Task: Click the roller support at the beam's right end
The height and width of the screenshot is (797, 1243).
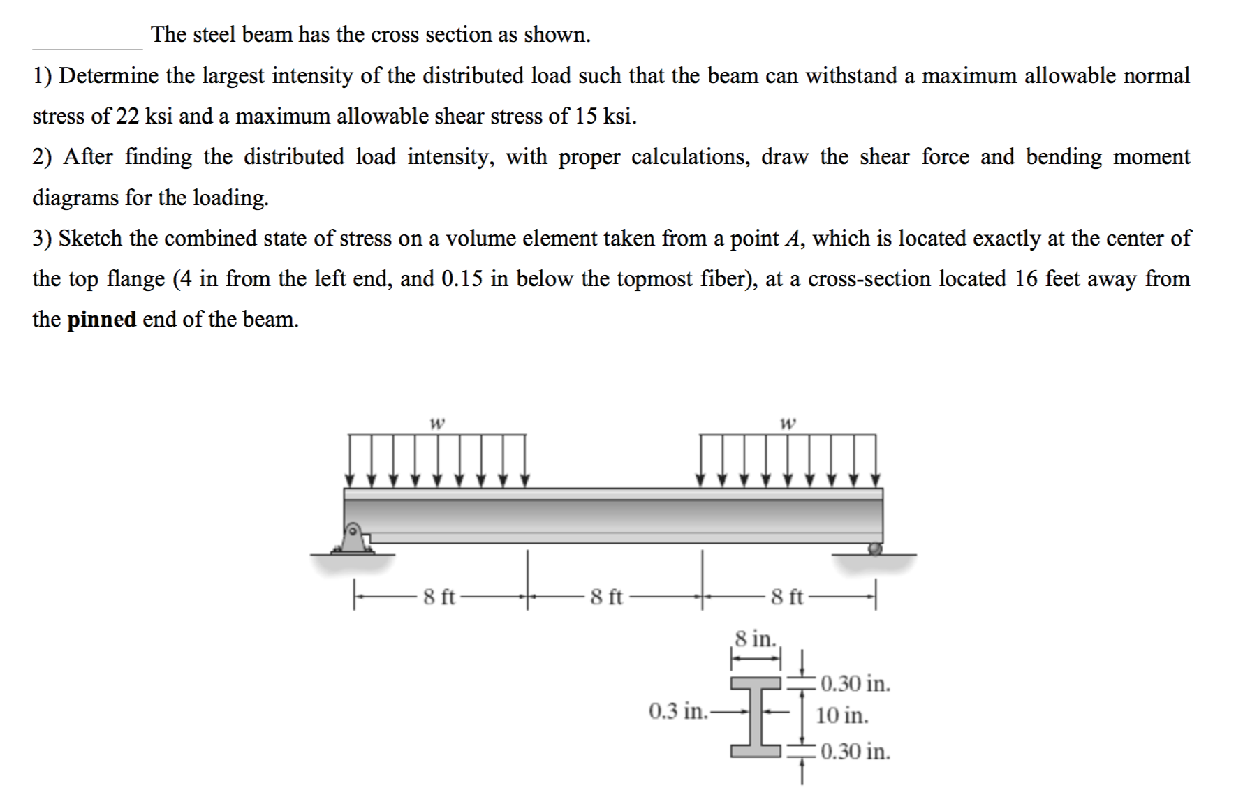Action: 874,549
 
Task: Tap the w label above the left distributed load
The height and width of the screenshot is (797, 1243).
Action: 437,422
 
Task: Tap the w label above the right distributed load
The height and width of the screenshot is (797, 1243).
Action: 787,422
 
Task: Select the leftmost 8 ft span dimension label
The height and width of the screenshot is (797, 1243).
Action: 439,597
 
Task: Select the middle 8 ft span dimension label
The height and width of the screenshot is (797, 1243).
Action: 605,597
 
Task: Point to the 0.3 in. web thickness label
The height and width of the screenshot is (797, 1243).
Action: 678,711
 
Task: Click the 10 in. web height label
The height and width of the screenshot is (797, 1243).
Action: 842,715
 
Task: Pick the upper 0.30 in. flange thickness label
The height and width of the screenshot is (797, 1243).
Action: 855,683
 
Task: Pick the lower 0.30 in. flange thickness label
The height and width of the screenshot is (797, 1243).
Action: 855,752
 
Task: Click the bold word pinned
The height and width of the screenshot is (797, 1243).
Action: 102,320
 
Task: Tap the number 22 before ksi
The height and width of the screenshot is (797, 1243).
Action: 128,117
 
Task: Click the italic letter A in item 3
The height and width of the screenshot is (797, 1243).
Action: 792,239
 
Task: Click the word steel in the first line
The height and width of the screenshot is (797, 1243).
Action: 214,34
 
